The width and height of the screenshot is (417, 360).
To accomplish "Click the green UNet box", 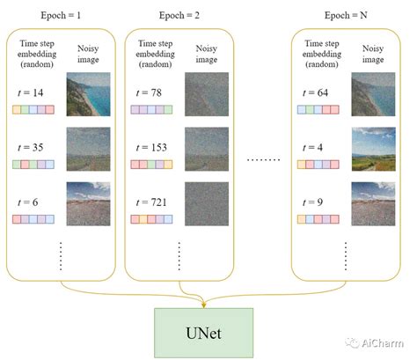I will pos(203,332).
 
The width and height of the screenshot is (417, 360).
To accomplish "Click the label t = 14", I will pos(30,92).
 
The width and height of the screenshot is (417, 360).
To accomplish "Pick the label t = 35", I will pos(30,146).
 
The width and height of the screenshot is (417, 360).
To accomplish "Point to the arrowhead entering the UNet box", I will pos(203,305).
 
